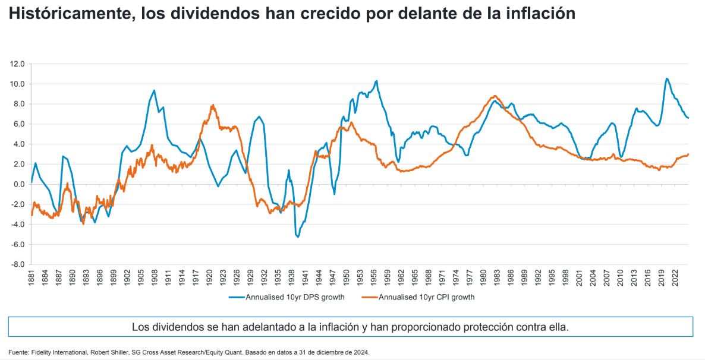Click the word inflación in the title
pos(543,14)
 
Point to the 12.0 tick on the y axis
pos(17,64)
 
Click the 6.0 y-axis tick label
pos(19,124)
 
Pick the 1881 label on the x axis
pos(32,278)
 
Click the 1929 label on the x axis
pos(251,278)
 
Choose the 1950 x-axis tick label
pos(347,278)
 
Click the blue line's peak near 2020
pos(666,78)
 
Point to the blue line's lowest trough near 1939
pos(297,237)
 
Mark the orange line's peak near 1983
pos(495,96)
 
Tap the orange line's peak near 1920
pos(212,105)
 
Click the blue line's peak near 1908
pos(154,90)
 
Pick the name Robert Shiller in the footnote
pos(108,352)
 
